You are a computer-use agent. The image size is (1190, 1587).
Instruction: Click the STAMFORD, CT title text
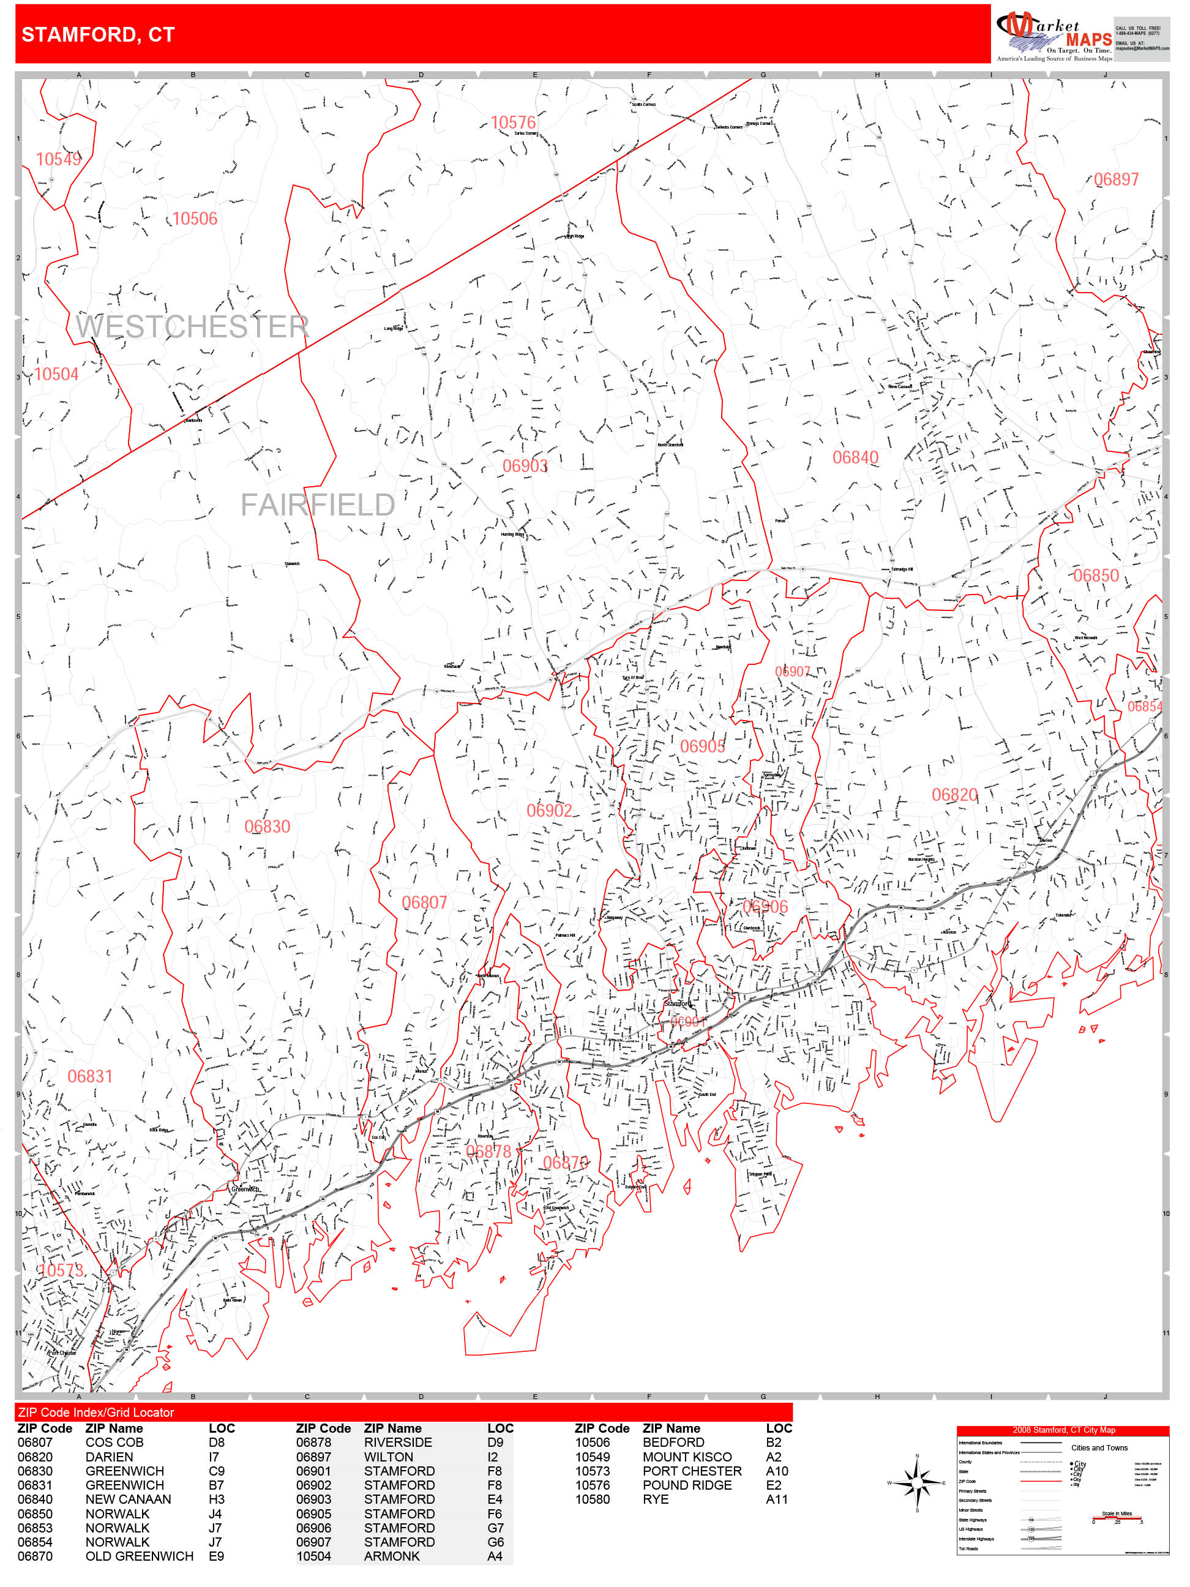click(x=99, y=34)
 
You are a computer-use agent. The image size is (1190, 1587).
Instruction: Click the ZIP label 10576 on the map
click(x=513, y=122)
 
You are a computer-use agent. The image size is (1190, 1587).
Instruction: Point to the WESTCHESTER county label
click(x=192, y=327)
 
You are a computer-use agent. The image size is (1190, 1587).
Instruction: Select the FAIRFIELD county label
click(x=317, y=505)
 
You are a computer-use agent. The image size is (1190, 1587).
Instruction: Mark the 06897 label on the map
click(x=1116, y=180)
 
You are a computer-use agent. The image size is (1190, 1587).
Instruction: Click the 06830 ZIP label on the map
click(x=267, y=827)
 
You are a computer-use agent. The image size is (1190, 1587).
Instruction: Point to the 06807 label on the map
click(x=424, y=902)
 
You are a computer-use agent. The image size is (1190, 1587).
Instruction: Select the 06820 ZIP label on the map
click(x=954, y=795)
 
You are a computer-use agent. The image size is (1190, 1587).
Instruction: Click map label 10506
click(x=195, y=219)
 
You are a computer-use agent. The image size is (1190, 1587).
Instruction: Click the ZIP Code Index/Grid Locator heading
click(x=96, y=1412)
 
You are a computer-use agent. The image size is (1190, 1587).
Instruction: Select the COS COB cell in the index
click(x=114, y=1442)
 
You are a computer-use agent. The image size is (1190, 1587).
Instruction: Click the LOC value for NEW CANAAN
click(x=216, y=1499)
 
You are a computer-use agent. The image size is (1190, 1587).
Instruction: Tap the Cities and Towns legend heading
click(x=1099, y=1448)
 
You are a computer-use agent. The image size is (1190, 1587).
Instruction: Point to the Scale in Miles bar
click(x=1117, y=1518)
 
